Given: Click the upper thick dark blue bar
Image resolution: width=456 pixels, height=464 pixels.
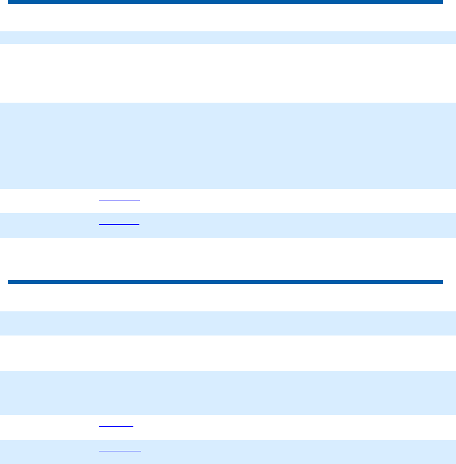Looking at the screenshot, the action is pos(225,2).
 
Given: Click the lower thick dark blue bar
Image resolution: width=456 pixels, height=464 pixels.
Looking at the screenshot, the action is pos(225,282).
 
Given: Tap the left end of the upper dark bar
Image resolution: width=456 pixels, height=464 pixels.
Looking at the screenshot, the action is pos(9,2).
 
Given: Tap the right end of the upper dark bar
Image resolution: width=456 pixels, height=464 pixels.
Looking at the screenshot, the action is pos(441,2).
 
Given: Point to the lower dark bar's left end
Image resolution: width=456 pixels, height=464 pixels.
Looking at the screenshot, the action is pos(9,282).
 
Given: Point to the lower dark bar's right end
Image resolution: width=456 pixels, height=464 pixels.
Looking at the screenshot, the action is pos(441,282).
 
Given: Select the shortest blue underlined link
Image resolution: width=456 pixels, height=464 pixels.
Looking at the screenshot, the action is pos(116,426).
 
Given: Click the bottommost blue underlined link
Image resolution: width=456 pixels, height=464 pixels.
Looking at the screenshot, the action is pos(119,451).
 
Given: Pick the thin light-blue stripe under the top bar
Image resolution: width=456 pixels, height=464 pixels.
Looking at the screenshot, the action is pos(228,37).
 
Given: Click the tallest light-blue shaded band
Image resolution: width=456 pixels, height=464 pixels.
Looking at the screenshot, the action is pos(228,146).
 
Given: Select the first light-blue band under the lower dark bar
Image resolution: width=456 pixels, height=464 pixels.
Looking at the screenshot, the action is pos(228,323).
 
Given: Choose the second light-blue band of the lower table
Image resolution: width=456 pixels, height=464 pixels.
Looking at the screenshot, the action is pos(228,393).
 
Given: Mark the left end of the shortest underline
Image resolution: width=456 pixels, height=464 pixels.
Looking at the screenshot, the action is pos(99,426).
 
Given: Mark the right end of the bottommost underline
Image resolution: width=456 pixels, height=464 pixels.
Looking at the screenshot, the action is pos(140,451).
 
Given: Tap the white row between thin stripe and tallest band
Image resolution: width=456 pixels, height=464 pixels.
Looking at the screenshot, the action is pos(228,73).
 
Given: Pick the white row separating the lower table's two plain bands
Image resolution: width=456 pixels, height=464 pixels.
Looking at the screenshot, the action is pos(228,353).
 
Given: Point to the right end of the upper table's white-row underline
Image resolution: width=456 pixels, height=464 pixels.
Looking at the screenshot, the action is pos(139,200).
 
